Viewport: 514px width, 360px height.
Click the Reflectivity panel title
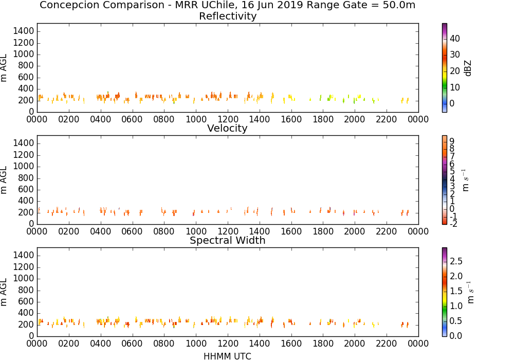tap(228, 16)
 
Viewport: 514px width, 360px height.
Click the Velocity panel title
tap(227, 128)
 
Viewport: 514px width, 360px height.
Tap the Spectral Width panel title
tap(228, 240)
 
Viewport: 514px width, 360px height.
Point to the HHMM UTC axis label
tap(227, 356)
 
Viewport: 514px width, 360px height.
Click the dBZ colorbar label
tap(468, 68)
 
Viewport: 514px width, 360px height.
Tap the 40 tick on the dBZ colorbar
tap(455, 39)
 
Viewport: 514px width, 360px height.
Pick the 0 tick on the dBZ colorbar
tap(452, 103)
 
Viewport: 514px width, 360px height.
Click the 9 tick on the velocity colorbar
tap(452, 141)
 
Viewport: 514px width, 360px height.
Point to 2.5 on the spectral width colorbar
tap(456, 261)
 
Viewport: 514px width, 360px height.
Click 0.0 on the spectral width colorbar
tap(456, 336)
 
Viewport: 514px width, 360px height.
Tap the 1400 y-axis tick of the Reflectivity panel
tap(24, 31)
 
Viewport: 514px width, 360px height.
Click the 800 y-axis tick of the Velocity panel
tap(26, 178)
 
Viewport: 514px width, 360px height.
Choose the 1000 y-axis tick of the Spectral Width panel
tap(24, 278)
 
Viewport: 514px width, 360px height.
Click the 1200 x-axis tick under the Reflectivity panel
tap(228, 119)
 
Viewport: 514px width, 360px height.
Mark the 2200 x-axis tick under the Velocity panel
tap(387, 231)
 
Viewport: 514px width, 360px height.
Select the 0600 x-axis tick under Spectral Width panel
tap(132, 344)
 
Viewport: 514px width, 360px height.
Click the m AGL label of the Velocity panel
tap(4, 180)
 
